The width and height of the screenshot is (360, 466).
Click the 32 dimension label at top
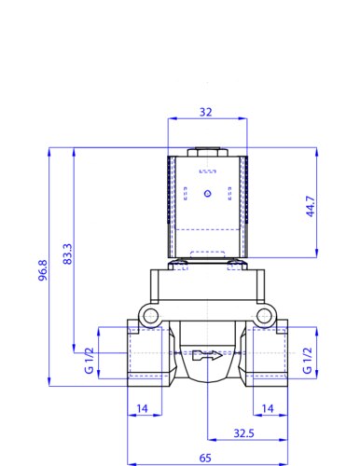pyautogui.click(x=205, y=112)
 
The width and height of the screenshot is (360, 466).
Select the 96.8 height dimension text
pyautogui.click(x=43, y=270)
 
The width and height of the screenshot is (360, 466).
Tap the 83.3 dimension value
pyautogui.click(x=67, y=254)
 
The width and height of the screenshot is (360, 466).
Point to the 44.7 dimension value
pyautogui.click(x=311, y=206)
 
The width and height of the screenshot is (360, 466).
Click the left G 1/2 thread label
pyautogui.click(x=89, y=361)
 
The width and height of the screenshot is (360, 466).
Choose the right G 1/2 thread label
pyautogui.click(x=307, y=361)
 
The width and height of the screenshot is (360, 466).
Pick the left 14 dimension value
pyautogui.click(x=143, y=408)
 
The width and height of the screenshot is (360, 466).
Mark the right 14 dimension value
pyautogui.click(x=268, y=408)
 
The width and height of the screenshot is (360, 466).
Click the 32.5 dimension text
pyautogui.click(x=243, y=433)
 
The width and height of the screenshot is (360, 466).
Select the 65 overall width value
pyautogui.click(x=205, y=458)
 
